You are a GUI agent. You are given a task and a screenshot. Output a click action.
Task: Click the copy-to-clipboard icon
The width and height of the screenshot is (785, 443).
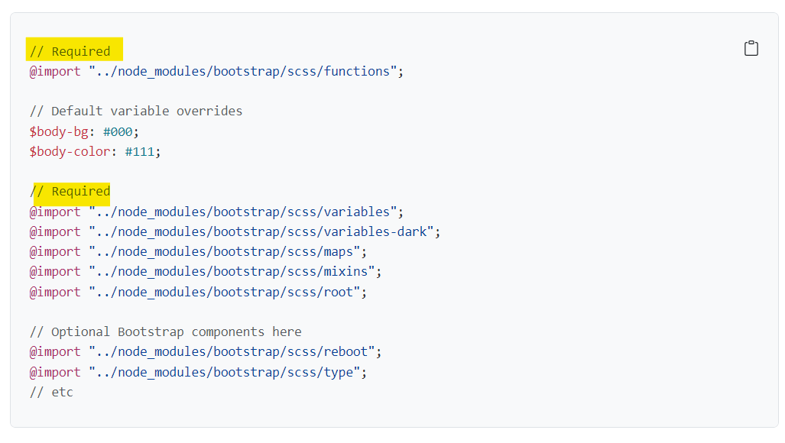coord(751,49)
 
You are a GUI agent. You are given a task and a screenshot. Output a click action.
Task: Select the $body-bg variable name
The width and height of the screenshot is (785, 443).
coord(58,131)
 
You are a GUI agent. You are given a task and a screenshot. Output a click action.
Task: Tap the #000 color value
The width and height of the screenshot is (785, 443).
coord(118,131)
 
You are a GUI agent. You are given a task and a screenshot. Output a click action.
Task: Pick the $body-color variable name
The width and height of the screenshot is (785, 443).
coord(69,151)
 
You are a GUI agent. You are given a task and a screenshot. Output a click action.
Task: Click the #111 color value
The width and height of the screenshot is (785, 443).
coord(139,151)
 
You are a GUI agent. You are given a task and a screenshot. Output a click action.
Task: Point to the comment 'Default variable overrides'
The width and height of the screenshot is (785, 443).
coord(136,112)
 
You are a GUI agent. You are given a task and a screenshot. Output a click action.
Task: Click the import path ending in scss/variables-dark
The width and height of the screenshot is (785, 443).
coord(261,231)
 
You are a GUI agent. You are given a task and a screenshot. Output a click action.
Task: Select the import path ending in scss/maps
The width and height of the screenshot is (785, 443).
coord(225,251)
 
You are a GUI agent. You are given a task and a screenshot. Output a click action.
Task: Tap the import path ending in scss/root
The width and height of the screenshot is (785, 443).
coord(225,292)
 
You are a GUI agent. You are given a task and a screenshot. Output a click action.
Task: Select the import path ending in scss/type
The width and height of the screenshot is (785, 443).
coord(225,372)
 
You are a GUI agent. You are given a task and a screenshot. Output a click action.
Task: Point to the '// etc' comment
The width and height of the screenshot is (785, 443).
coord(51,392)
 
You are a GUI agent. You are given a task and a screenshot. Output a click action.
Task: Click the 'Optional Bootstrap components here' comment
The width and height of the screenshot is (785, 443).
coord(166,331)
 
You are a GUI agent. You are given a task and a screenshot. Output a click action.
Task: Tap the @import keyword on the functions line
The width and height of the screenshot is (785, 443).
coord(55,71)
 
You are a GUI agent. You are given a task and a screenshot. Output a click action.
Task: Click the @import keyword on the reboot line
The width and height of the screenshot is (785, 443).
coord(55,351)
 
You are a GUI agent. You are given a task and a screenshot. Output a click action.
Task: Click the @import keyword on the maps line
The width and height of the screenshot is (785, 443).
coord(55,251)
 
